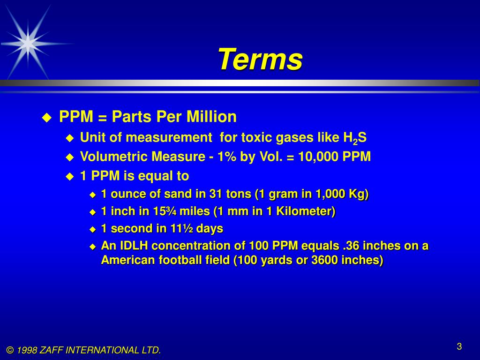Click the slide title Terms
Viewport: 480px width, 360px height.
(260, 60)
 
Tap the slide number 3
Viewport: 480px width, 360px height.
(459, 346)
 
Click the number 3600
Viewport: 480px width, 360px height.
(325, 260)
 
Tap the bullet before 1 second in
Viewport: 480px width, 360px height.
(92, 229)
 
